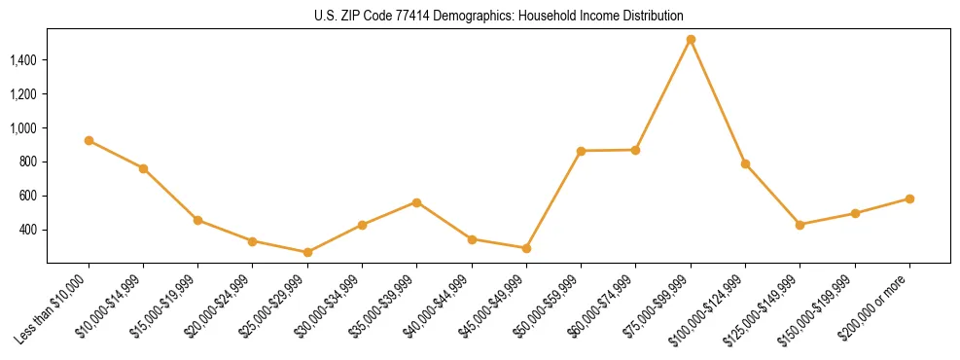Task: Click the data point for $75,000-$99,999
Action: point(691,40)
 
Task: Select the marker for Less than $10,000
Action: point(89,141)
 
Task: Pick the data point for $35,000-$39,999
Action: point(416,202)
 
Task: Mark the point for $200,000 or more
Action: point(909,198)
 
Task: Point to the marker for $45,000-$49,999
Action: point(526,248)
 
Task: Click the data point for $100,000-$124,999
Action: point(745,163)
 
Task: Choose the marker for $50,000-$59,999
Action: point(581,151)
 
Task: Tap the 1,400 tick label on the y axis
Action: point(23,60)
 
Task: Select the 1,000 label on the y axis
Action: point(23,127)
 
